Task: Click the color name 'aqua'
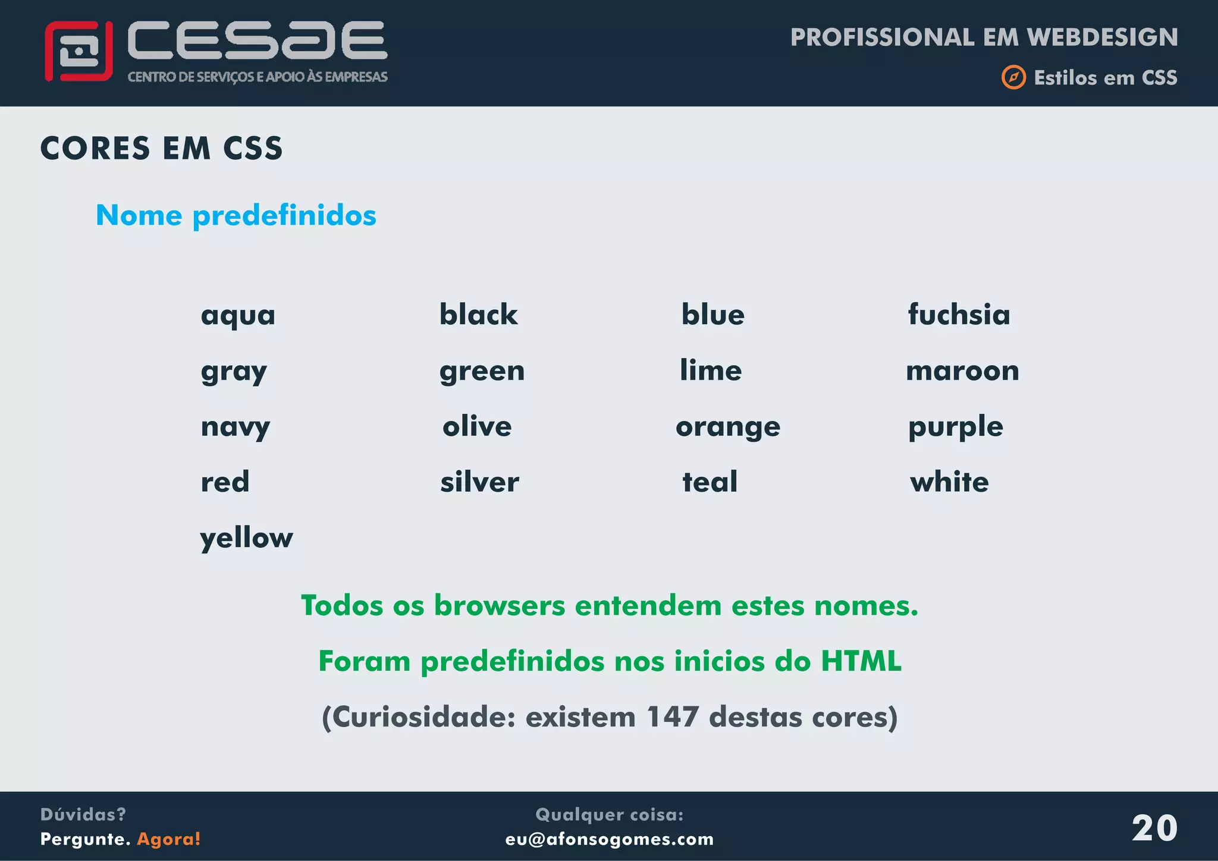[x=238, y=315]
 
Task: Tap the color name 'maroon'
[x=962, y=370]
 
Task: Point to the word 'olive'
[x=477, y=426]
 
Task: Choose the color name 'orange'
[x=728, y=427]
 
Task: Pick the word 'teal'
[x=710, y=482]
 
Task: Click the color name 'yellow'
[x=246, y=538]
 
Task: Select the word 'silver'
[x=479, y=482]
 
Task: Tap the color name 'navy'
[x=236, y=427]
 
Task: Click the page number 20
[x=1154, y=828]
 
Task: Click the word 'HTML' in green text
[x=861, y=661]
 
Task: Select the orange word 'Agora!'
[x=169, y=839]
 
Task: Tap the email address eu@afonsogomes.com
[x=610, y=839]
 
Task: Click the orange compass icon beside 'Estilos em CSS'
[x=1013, y=77]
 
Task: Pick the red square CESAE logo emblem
[x=79, y=51]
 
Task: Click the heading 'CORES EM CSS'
[x=161, y=148]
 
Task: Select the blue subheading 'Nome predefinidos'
[x=236, y=215]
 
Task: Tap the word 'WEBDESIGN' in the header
[x=1102, y=37]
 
